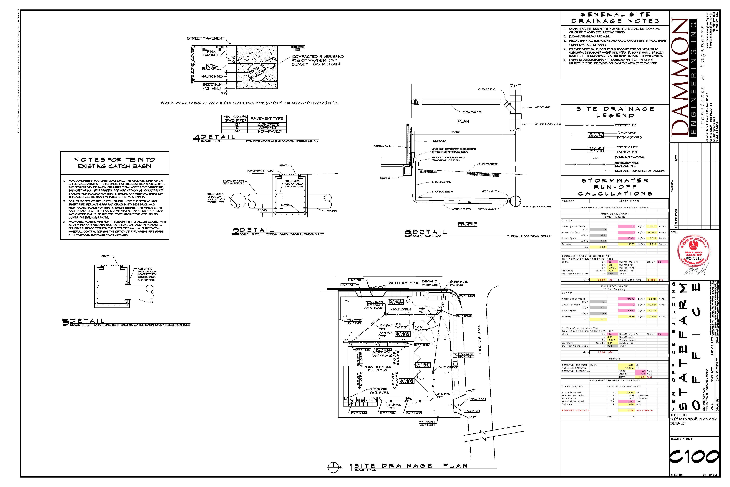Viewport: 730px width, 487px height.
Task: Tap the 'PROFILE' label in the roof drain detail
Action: click(467, 224)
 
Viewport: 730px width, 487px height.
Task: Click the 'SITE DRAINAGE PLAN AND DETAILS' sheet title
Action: click(693, 421)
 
